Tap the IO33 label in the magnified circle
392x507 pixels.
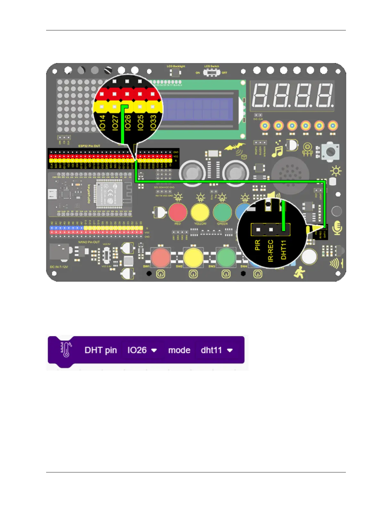coord(153,122)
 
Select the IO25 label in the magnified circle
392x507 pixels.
coord(140,122)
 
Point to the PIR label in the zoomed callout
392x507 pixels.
coord(257,245)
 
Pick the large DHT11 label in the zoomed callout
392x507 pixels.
coord(283,250)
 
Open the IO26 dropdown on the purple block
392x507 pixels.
coord(142,350)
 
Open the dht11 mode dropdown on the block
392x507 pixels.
coord(216,350)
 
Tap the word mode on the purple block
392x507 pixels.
coord(179,350)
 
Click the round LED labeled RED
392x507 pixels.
coord(178,212)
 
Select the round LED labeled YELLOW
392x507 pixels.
coord(200,212)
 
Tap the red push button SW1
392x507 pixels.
coord(161,257)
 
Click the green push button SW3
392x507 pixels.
coord(226,257)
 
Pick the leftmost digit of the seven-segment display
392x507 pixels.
coord(261,95)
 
